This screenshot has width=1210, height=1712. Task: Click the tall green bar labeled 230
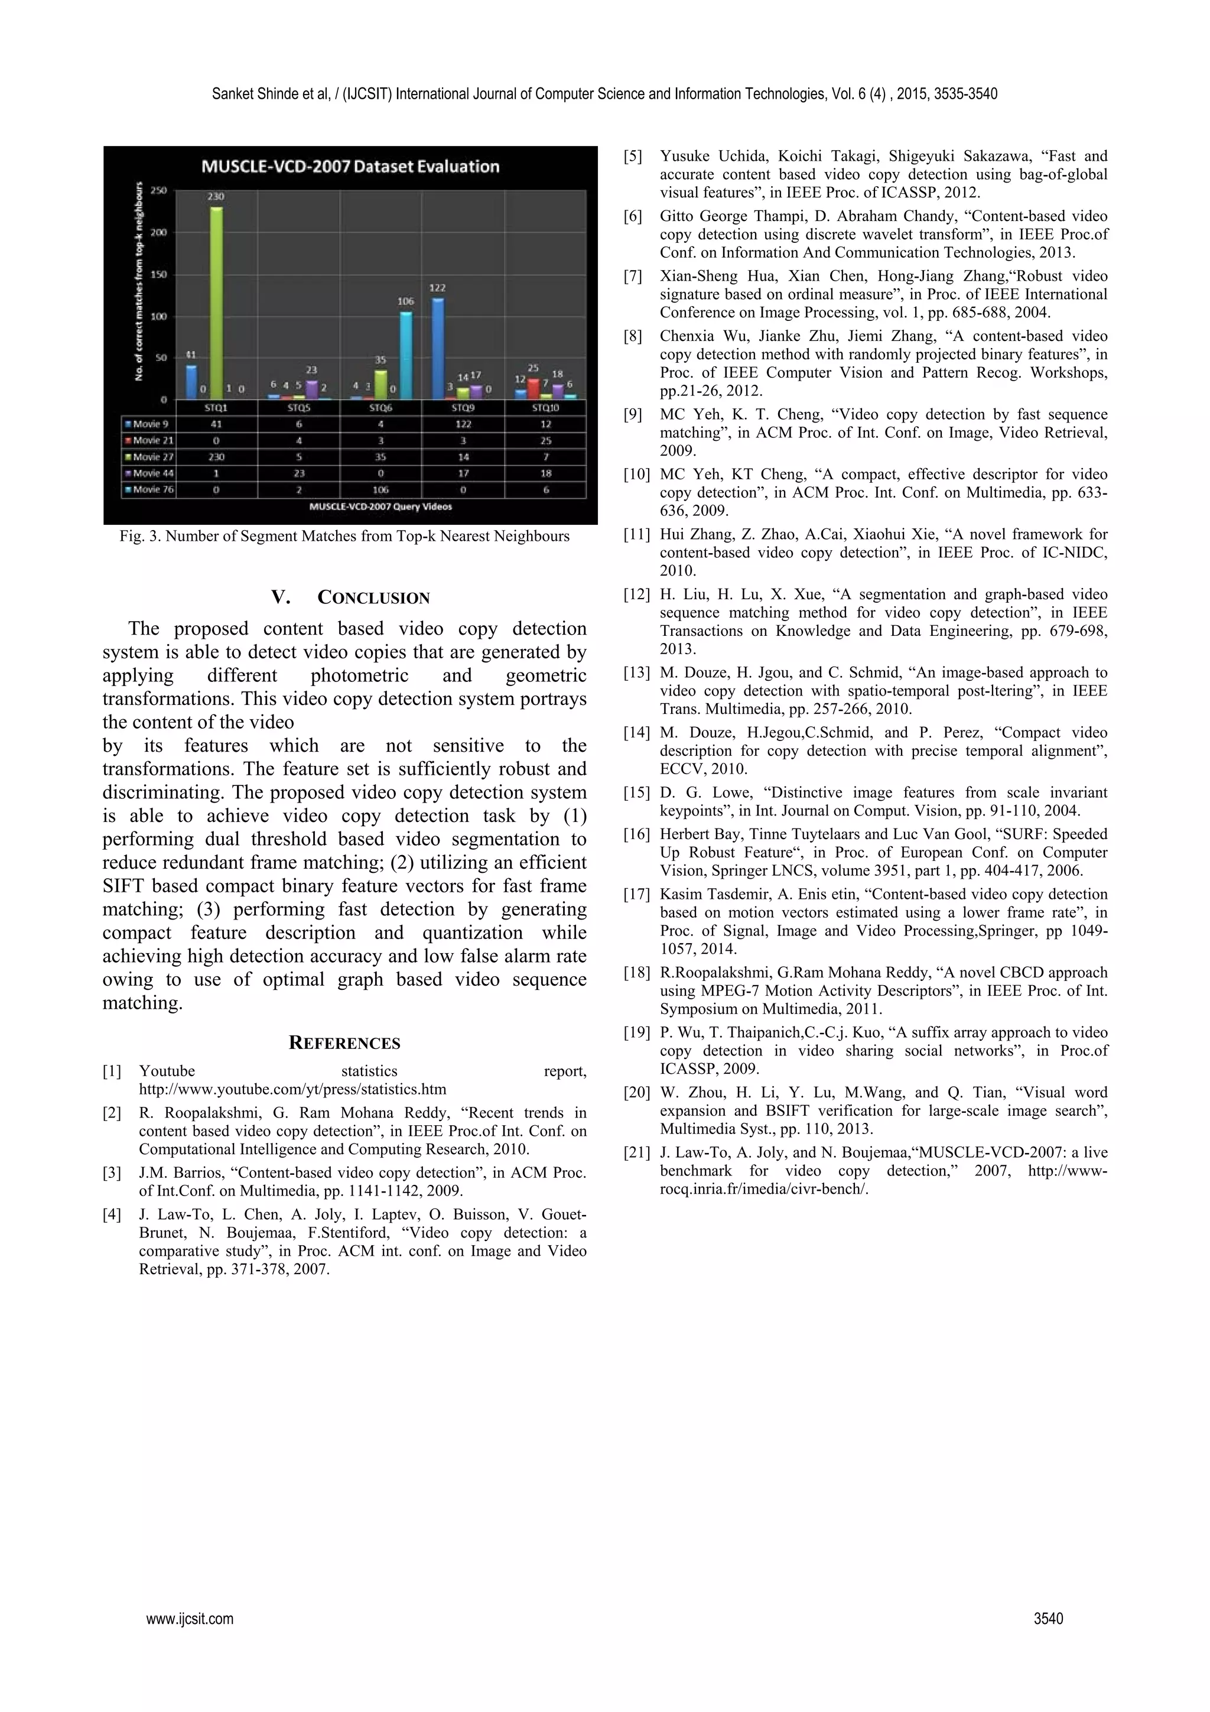216,302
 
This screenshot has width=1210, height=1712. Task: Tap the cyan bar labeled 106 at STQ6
405,355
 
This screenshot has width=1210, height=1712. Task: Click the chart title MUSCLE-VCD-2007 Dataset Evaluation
350,166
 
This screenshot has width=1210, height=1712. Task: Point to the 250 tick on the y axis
159,190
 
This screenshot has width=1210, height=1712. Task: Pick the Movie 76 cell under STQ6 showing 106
381,490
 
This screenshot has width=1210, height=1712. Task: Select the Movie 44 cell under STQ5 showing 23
298,473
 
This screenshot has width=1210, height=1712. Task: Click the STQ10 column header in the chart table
546,408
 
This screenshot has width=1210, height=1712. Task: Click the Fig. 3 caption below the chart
344,536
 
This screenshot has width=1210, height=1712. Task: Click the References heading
344,1043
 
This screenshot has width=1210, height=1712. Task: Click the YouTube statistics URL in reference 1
292,1089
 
